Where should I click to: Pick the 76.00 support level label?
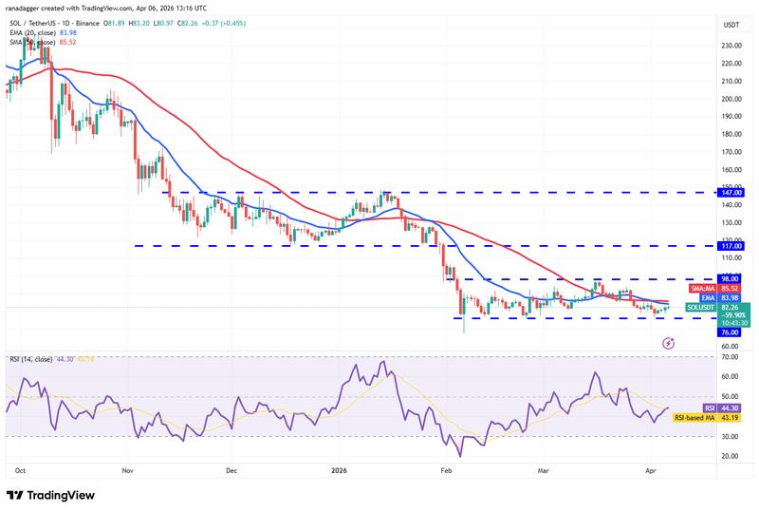click(731, 332)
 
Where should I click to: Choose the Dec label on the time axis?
click(231, 469)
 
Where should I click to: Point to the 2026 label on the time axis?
click(338, 469)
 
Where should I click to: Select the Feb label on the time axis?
click(446, 469)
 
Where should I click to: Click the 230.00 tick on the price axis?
click(731, 46)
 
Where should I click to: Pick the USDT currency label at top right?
click(731, 25)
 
